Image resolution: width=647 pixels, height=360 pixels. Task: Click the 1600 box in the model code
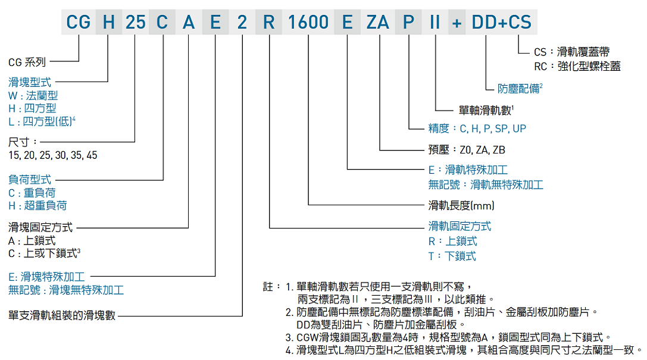click(308, 23)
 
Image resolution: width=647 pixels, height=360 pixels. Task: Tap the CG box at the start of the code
click(79, 23)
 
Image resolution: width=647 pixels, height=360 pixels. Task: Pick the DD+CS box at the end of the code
click(501, 23)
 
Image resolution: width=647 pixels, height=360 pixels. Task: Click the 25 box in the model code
click(135, 23)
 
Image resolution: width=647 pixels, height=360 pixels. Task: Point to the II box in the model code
click(435, 23)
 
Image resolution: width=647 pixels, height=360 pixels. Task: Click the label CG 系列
click(27, 62)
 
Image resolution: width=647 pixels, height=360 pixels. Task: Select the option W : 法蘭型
click(33, 95)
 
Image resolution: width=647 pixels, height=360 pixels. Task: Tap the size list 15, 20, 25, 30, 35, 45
click(53, 155)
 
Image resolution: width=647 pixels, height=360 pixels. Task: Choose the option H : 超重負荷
click(37, 205)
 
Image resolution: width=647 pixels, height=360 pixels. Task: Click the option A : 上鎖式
click(32, 240)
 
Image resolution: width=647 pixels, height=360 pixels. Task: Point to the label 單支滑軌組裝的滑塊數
click(62, 315)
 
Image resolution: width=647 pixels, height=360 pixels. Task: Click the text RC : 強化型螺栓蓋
click(577, 66)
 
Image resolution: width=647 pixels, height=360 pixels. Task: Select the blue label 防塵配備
click(519, 89)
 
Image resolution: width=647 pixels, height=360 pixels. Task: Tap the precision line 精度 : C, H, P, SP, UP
click(477, 129)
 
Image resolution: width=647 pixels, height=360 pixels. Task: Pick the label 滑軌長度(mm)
click(461, 205)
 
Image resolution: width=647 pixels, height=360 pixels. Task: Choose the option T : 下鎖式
click(452, 256)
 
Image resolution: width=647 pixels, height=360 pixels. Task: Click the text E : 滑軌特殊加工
click(468, 170)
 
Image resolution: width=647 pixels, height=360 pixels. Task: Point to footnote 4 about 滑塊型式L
click(464, 350)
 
